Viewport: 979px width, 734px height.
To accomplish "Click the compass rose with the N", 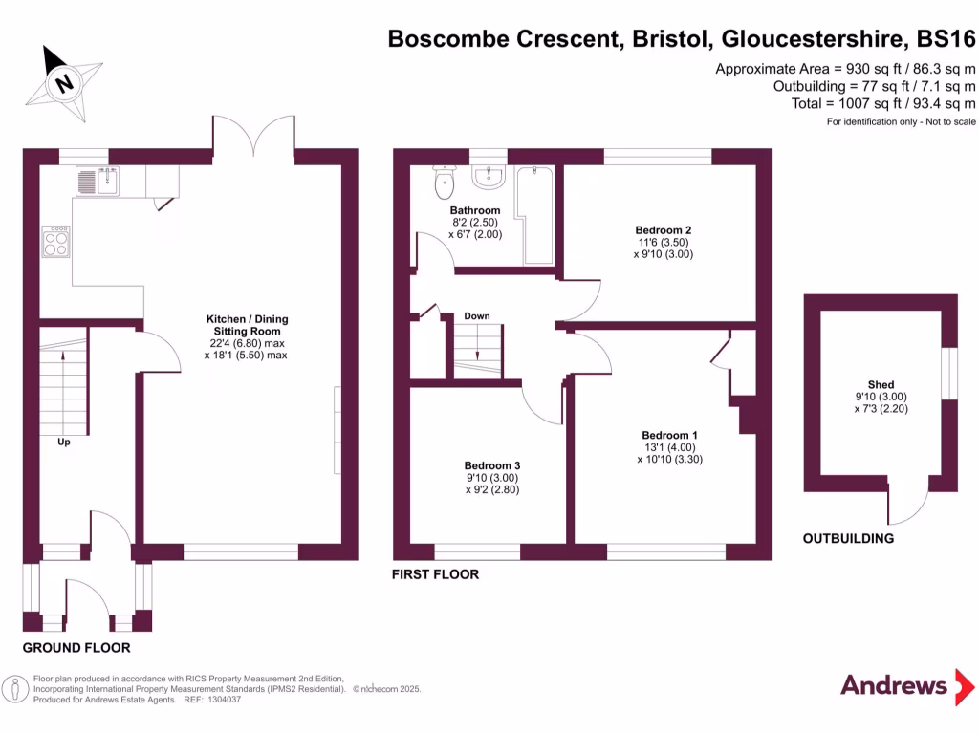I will tap(65, 81).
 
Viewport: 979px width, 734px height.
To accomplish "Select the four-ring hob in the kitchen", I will tap(55, 241).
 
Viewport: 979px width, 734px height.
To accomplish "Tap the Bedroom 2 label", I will tap(663, 230).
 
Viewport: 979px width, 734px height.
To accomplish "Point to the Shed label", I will tap(881, 385).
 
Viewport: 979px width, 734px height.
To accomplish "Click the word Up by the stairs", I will tap(64, 443).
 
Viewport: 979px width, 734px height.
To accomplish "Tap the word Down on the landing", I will tap(477, 315).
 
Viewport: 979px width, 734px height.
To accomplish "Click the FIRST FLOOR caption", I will tap(435, 574).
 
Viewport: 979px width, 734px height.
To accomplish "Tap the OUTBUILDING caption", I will tap(848, 538).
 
